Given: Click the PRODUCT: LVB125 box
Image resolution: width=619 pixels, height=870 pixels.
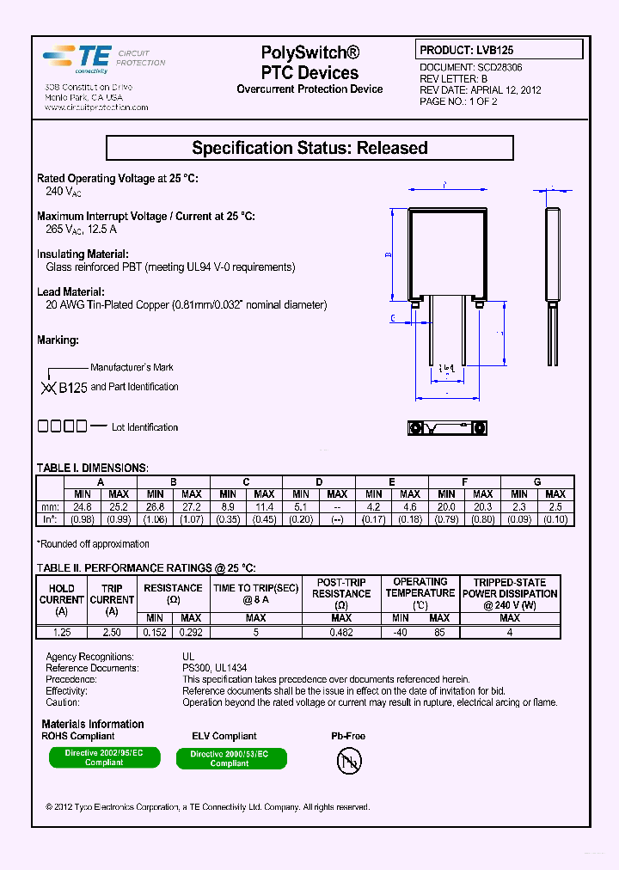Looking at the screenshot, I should pyautogui.click(x=499, y=50).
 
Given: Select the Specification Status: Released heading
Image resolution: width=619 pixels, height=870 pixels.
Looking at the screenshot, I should pyautogui.click(x=309, y=148).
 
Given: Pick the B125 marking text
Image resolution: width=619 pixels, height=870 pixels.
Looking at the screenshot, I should pyautogui.click(x=72, y=388).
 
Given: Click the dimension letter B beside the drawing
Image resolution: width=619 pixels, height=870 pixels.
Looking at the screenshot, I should pyautogui.click(x=389, y=255).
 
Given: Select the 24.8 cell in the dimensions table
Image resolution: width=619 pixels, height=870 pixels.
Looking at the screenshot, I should pyautogui.click(x=83, y=506).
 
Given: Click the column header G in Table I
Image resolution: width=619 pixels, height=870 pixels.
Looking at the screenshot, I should pyautogui.click(x=537, y=482).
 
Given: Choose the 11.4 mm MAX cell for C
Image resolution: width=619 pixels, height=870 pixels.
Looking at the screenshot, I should pyautogui.click(x=264, y=506).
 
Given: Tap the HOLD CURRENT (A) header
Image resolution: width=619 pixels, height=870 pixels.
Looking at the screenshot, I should pyautogui.click(x=61, y=599).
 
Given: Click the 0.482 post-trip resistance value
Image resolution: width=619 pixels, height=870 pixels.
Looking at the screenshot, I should pyautogui.click(x=341, y=632).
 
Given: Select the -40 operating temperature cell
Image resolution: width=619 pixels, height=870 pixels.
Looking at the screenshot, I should pyautogui.click(x=401, y=632).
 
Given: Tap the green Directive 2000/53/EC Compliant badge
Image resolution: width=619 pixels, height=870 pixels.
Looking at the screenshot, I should pyautogui.click(x=230, y=758).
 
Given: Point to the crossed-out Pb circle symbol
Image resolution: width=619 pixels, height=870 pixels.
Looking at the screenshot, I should pyautogui.click(x=349, y=760).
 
